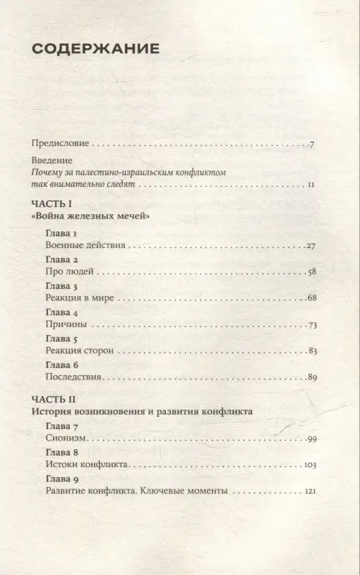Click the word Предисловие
pyautogui.click(x=59, y=144)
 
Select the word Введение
pyautogui.click(x=55, y=161)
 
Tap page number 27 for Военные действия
pyautogui.click(x=310, y=246)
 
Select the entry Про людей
pyautogui.click(x=70, y=272)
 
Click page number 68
pyautogui.click(x=310, y=298)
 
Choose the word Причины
pyautogui.click(x=65, y=325)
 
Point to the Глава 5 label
pyautogui.click(x=61, y=339)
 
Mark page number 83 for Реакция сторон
pyautogui.click(x=310, y=351)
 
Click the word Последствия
pyautogui.click(x=75, y=377)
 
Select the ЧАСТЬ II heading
pyautogui.click(x=55, y=399)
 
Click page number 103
pyautogui.click(x=310, y=465)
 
